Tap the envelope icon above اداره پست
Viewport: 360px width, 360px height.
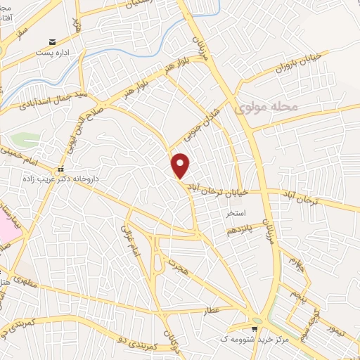point(51,41)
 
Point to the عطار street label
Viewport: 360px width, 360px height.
point(210,310)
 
